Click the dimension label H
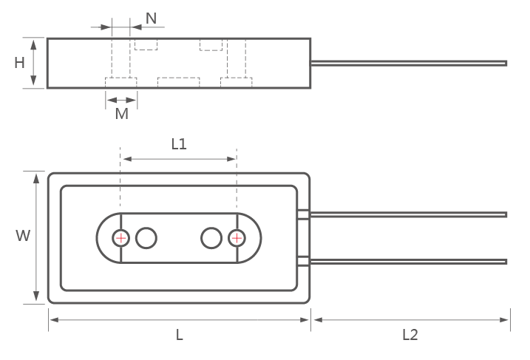coord(20,63)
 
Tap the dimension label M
coord(122,114)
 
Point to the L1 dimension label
coord(179,144)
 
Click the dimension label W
coord(23,237)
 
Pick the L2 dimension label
coord(410,335)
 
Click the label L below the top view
coord(180,335)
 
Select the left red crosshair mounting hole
coord(120,238)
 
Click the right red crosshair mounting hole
coord(237,238)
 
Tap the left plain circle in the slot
coord(147,238)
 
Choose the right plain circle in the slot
coord(211,238)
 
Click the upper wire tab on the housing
coord(303,214)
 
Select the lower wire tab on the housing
coord(303,261)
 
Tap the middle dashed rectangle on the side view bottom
coord(178,82)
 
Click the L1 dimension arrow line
coord(179,159)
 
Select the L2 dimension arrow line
coord(410,320)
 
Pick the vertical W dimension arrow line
coord(35,237)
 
